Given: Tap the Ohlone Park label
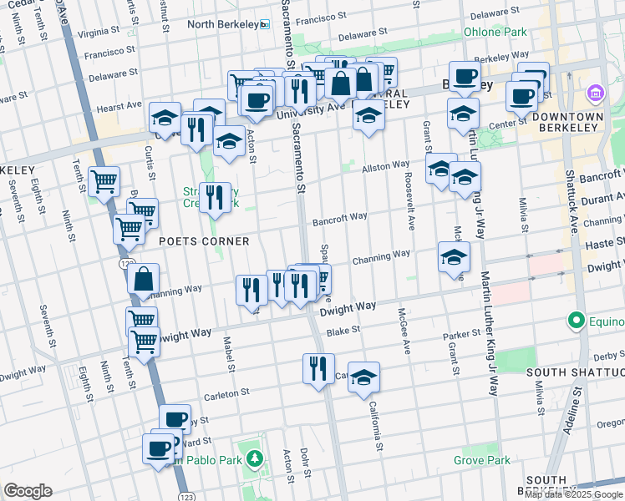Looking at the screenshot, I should (495, 33).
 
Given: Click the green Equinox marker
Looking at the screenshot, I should (576, 320).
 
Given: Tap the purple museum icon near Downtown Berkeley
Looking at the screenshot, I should (595, 91).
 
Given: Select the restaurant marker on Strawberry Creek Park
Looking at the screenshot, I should (215, 197).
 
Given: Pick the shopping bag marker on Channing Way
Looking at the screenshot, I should (144, 280).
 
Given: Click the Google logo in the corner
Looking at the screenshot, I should (28, 491).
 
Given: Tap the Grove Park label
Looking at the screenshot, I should (481, 460).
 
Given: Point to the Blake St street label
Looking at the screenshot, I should (343, 330).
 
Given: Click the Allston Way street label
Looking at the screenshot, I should (385, 167).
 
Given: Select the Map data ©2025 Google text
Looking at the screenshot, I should (573, 494).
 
